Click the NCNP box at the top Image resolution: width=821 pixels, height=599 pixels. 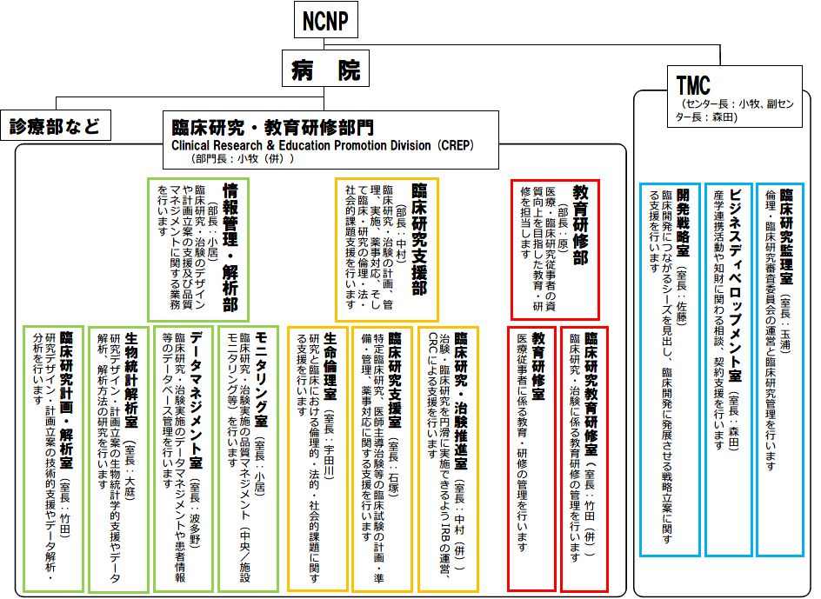[x=326, y=21]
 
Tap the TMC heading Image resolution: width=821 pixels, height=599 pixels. [x=693, y=84]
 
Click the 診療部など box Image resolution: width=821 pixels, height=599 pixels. [x=54, y=126]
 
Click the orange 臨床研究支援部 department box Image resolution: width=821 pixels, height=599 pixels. [x=387, y=249]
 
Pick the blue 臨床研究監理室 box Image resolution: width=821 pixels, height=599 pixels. [x=779, y=369]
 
